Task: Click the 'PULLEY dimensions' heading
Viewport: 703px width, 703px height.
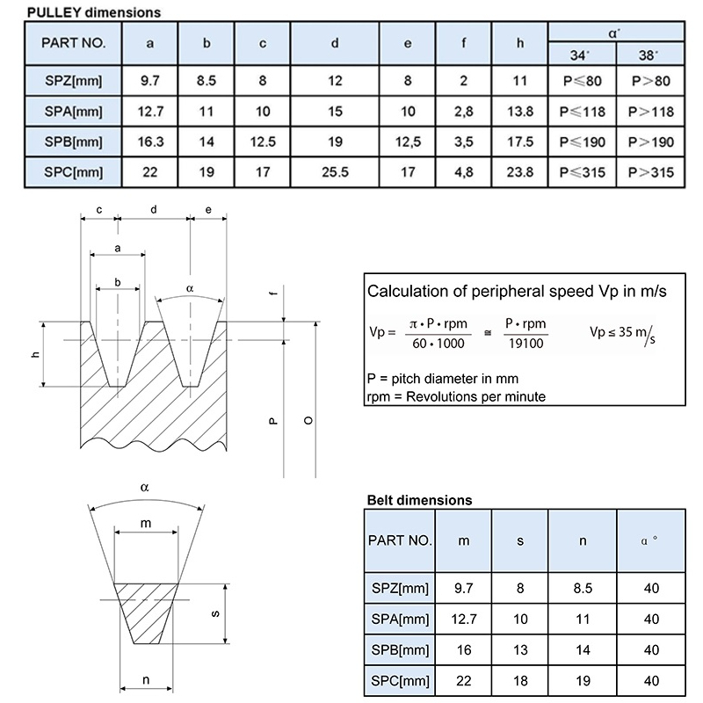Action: click(x=94, y=12)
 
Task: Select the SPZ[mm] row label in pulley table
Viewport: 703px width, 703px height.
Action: click(x=73, y=81)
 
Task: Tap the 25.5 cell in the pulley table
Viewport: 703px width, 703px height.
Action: click(x=335, y=172)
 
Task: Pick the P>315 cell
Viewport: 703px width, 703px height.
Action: click(x=650, y=172)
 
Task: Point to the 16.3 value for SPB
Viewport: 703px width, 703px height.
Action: click(x=150, y=141)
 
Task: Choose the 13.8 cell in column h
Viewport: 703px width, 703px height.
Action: click(x=519, y=112)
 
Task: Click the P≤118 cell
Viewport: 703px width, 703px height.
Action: click(x=582, y=112)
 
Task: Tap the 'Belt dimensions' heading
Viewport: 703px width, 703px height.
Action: click(x=419, y=500)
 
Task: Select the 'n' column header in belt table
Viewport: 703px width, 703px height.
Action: click(x=583, y=541)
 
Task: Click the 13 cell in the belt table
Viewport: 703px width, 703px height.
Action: click(x=520, y=649)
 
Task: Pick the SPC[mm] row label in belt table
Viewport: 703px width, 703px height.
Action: click(x=400, y=680)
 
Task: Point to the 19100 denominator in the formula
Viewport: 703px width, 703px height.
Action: click(x=525, y=344)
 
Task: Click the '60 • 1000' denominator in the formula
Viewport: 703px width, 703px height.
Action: click(x=438, y=344)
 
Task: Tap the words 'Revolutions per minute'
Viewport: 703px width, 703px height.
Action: click(x=475, y=397)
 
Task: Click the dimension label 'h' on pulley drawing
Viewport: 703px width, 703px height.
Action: click(x=35, y=355)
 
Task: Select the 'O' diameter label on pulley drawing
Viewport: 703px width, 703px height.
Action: click(x=308, y=421)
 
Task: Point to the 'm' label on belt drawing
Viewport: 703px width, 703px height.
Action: click(x=146, y=523)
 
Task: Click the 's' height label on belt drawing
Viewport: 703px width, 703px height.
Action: click(x=215, y=613)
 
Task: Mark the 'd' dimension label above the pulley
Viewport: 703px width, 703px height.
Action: click(x=153, y=209)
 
